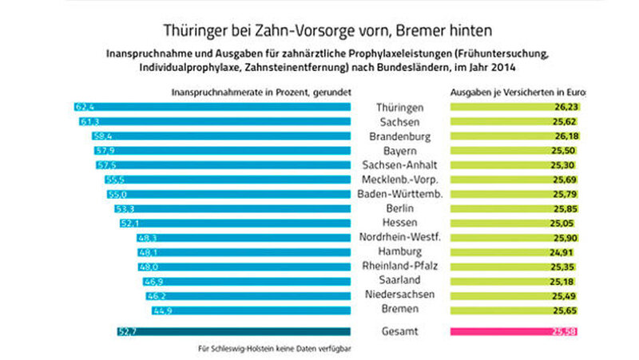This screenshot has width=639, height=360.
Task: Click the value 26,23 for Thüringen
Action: click(565, 107)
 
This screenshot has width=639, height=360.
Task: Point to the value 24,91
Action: click(565, 251)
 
